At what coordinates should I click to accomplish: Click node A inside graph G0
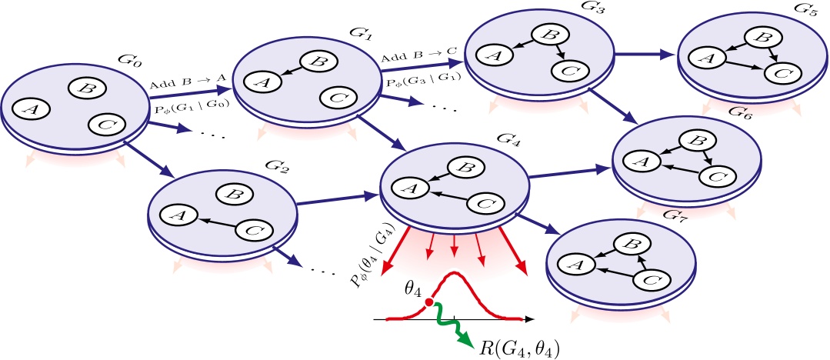[x=32, y=109]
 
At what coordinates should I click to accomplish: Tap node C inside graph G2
[x=248, y=230]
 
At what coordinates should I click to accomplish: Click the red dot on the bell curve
[x=428, y=302]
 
